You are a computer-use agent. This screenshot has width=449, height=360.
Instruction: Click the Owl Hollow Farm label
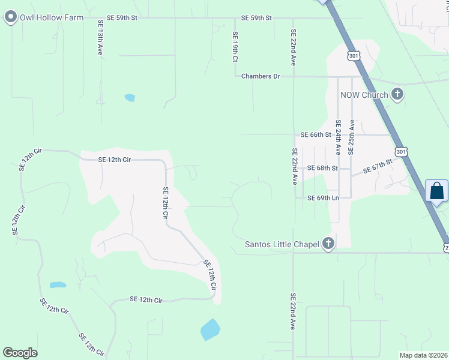tap(52, 17)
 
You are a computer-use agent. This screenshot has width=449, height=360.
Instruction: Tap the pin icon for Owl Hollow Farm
tap(10, 17)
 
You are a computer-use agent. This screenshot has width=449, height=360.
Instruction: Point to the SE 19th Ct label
tap(235, 47)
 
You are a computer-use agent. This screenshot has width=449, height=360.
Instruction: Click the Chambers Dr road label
tap(261, 76)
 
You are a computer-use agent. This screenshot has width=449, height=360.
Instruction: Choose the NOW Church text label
tap(364, 94)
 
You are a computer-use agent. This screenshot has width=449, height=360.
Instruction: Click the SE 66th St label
tap(316, 134)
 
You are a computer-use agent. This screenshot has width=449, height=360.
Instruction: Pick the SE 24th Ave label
tap(339, 137)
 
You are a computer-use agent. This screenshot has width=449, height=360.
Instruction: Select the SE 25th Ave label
tap(352, 134)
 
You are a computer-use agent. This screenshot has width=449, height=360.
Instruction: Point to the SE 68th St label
tap(322, 168)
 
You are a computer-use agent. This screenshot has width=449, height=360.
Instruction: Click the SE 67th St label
tap(377, 167)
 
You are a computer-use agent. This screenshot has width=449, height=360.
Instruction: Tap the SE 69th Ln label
tap(323, 198)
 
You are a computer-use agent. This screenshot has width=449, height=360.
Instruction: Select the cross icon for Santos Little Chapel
tap(328, 244)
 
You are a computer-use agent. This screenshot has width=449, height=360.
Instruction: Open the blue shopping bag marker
tap(437, 192)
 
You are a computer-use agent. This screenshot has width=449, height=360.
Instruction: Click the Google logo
tap(20, 353)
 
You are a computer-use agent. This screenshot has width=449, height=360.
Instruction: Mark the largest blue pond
tap(210, 329)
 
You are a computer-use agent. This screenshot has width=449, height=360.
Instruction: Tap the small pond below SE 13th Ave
tap(130, 97)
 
